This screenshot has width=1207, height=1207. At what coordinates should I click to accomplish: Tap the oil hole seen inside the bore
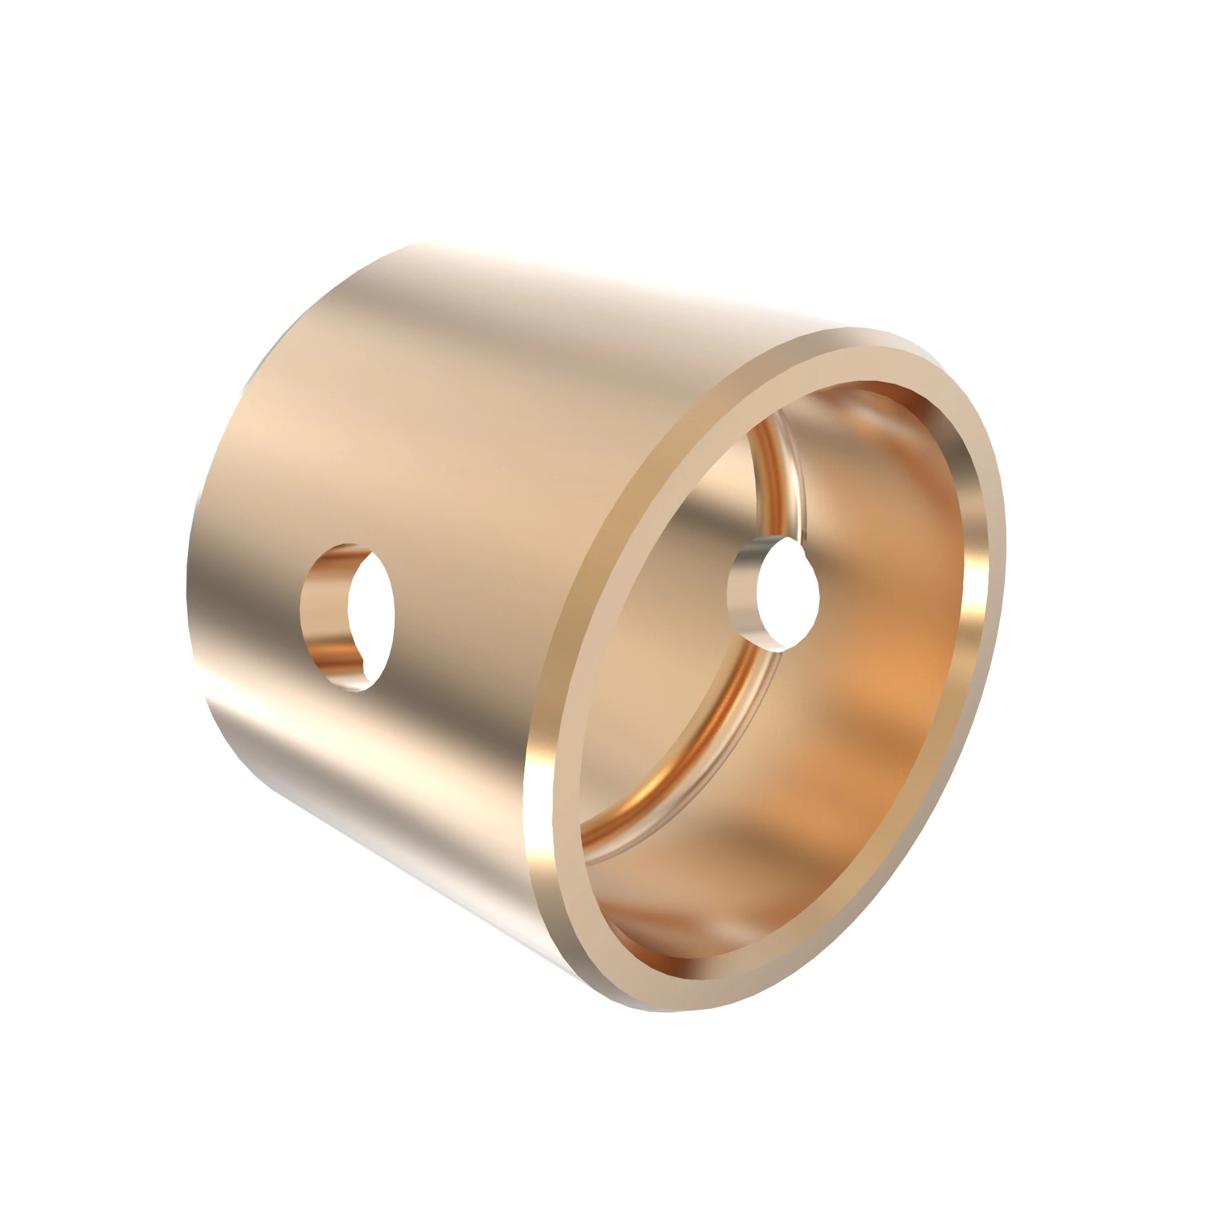click(x=775, y=594)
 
